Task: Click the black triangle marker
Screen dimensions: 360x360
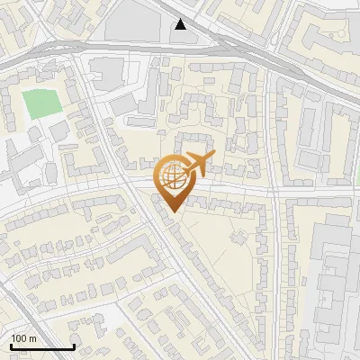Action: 182,24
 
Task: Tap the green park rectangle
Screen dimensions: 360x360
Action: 38,103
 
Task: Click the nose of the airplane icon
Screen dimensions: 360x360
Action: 212,157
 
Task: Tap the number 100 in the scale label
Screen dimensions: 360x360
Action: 20,338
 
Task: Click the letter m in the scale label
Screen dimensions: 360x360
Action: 33,338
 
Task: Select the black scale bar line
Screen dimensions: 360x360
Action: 42,346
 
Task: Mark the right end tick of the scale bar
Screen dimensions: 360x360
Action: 74,345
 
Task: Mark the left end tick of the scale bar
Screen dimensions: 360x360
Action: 11,345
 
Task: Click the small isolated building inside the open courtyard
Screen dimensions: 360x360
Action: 239,237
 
